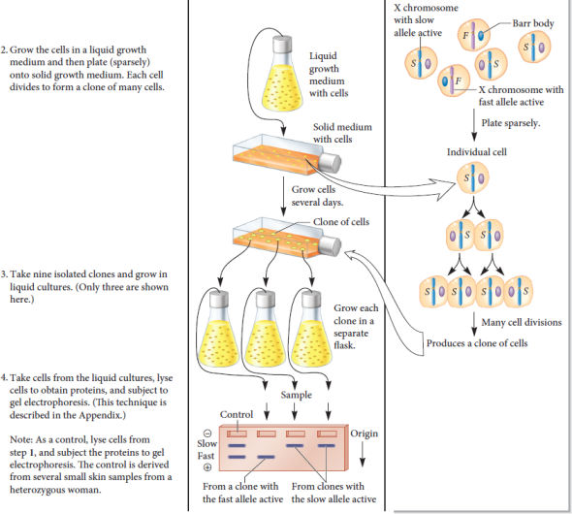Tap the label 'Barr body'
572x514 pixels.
[x=530, y=22]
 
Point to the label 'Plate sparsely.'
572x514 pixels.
[x=511, y=124]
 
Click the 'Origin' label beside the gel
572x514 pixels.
[x=364, y=433]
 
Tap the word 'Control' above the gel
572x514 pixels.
[x=237, y=414]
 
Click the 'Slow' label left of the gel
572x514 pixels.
[x=207, y=443]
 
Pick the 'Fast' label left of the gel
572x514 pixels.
[x=207, y=455]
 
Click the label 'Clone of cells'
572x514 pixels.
[x=340, y=222]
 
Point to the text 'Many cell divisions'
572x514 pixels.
[x=515, y=322]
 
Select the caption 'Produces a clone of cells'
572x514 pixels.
[x=476, y=344]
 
